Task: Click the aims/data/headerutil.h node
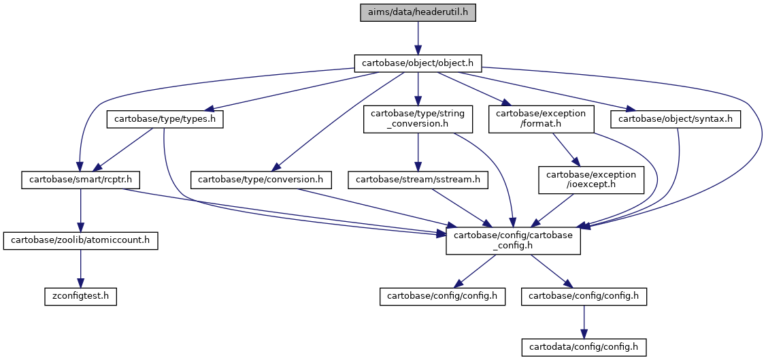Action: pos(418,12)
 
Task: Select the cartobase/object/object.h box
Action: pos(418,63)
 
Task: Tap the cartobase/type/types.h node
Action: pos(165,120)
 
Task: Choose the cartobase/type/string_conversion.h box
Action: pos(418,119)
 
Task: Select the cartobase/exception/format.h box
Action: pos(542,119)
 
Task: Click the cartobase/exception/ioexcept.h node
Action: pos(591,180)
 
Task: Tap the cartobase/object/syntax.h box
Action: pos(676,120)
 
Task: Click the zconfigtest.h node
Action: pos(80,297)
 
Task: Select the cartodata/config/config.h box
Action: pos(584,347)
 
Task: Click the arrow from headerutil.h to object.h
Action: pos(418,37)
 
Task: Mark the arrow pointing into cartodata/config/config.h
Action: pos(584,322)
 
